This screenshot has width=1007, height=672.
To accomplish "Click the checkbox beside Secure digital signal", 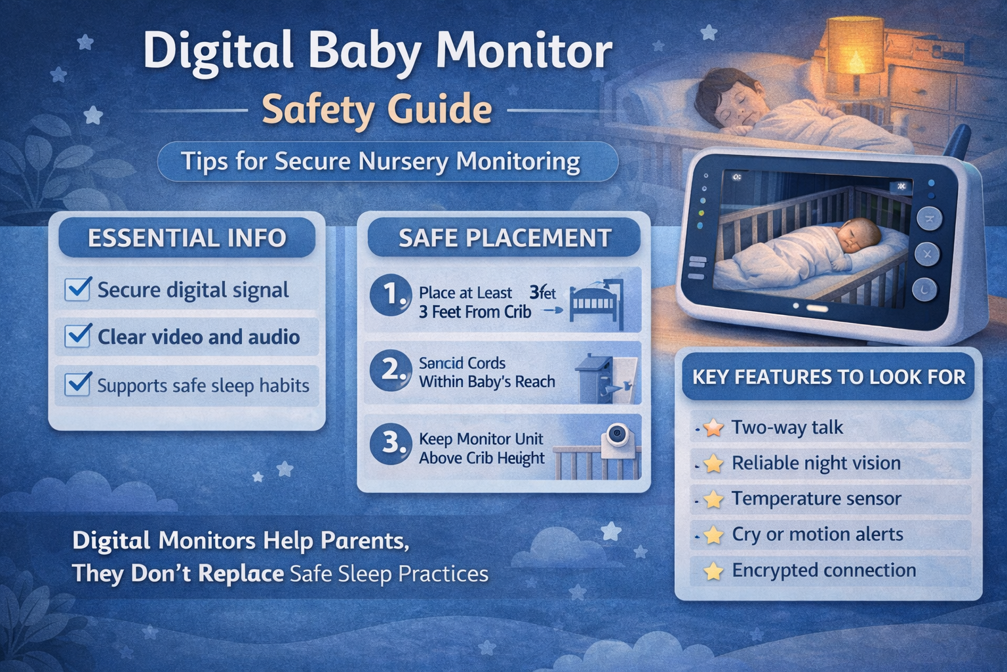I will pyautogui.click(x=77, y=289).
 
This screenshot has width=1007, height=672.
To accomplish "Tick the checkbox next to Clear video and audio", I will pyautogui.click(x=77, y=336).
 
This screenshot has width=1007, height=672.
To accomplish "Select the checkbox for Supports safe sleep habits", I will pyautogui.click(x=77, y=384).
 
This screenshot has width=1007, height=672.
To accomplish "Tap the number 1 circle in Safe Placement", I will pyautogui.click(x=391, y=295).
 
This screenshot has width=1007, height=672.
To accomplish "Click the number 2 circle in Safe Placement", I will pyautogui.click(x=391, y=369).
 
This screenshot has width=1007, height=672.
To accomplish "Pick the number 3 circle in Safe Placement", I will pyautogui.click(x=391, y=443).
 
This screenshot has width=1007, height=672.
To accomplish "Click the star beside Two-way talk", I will pyautogui.click(x=713, y=428).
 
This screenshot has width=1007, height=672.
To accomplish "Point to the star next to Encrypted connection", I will pyautogui.click(x=713, y=571).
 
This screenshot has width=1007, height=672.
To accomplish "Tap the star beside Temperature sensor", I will pyautogui.click(x=713, y=499).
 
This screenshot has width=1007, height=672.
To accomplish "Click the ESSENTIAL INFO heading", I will pyautogui.click(x=187, y=238).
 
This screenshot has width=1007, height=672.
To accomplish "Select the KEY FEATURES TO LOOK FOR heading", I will pyautogui.click(x=829, y=377).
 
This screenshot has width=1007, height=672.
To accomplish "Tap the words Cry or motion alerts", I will pyautogui.click(x=817, y=535).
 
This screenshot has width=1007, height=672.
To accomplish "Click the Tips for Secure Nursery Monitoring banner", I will pyautogui.click(x=387, y=161).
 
